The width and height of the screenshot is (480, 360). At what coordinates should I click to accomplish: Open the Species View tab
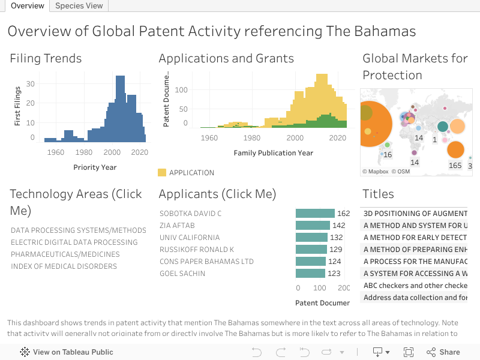[x=79, y=6]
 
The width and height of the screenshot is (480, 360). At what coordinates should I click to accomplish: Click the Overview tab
[x=27, y=6]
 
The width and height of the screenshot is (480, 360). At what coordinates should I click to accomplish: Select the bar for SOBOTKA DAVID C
[x=315, y=214]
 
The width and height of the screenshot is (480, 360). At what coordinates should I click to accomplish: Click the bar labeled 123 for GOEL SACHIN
[x=310, y=274]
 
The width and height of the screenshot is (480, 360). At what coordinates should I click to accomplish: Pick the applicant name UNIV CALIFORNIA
[x=190, y=238]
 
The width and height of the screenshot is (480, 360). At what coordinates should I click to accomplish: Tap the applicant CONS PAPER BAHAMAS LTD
[x=206, y=262]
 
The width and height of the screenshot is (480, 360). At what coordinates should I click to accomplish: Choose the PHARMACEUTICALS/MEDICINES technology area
[x=65, y=254]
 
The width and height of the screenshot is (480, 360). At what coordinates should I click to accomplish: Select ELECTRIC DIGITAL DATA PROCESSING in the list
[x=74, y=242]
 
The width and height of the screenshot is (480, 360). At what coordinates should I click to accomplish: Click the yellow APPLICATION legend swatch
[x=162, y=173]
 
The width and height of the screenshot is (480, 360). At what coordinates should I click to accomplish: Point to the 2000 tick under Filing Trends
[x=112, y=152]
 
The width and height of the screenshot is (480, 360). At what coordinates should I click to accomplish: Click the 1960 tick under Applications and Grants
[x=209, y=138]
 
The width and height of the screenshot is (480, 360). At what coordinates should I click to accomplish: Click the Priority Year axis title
[x=95, y=167]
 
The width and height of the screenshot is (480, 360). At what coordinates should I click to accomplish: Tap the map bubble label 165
[x=455, y=165]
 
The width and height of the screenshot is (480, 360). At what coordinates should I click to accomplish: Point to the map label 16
[x=388, y=155]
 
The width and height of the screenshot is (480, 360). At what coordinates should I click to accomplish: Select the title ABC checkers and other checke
[x=415, y=286]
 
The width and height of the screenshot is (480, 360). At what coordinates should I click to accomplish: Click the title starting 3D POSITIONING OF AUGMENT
[x=415, y=214]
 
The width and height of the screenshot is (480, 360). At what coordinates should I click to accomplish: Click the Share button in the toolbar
[x=443, y=352]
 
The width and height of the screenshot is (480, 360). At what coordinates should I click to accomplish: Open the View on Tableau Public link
[x=67, y=352]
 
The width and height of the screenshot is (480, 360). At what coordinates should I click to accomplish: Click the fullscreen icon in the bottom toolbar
[x=409, y=352]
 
